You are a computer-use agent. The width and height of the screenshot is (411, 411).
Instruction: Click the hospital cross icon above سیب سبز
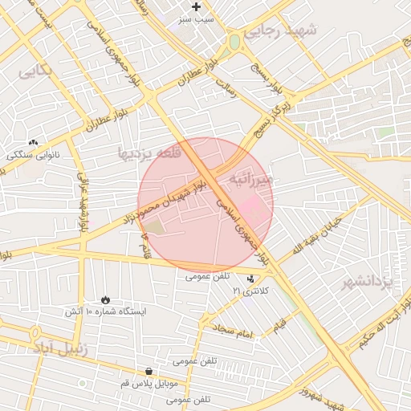[196, 6]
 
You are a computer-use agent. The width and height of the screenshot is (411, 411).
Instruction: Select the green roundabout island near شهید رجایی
[234, 42]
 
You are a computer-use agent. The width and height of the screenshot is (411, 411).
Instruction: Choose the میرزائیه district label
[250, 179]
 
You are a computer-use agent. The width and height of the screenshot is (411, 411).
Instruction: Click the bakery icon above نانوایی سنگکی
[33, 142]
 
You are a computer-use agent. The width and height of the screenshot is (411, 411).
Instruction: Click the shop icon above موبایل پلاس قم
[149, 371]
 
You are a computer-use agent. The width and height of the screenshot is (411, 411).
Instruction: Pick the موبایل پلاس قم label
[149, 383]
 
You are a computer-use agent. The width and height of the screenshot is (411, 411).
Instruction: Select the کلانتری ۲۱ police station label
[250, 290]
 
